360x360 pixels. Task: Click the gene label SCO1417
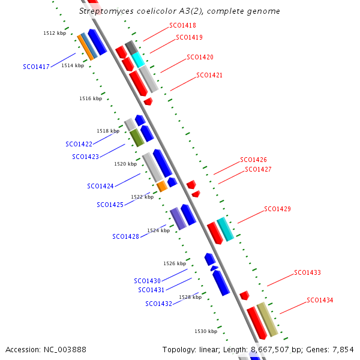[x=36, y=67]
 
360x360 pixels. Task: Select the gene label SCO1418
[x=182, y=26]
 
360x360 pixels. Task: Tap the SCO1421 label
[x=209, y=76]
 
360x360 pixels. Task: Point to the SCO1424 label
[x=100, y=186]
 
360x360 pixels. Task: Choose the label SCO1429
[x=277, y=209]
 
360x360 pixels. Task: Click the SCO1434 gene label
[x=320, y=300]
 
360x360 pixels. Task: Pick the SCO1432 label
[x=158, y=304]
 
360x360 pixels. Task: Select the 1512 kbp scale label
[x=55, y=34]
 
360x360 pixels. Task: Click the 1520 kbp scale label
[x=125, y=164]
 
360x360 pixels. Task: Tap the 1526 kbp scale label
[x=175, y=263]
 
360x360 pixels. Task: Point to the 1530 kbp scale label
[x=206, y=331]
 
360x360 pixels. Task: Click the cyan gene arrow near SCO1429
[x=225, y=229]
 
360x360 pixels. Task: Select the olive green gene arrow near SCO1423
[x=138, y=137]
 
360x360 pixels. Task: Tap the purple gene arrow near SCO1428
[x=178, y=219]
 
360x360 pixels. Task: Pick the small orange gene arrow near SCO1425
[x=161, y=186]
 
